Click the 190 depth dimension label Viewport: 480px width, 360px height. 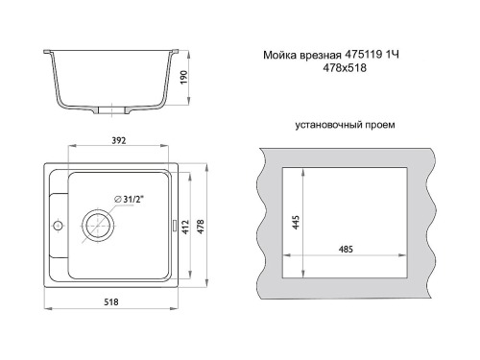pyautogui.click(x=183, y=77)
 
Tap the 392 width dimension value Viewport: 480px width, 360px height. pyautogui.click(x=119, y=140)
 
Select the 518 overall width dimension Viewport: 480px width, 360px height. pyautogui.click(x=111, y=301)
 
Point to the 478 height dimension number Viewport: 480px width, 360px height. pyautogui.click(x=201, y=227)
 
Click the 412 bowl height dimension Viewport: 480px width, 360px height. pyautogui.click(x=185, y=227)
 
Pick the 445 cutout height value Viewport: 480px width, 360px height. pyautogui.click(x=296, y=222)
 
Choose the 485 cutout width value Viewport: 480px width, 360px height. pyautogui.click(x=346, y=249)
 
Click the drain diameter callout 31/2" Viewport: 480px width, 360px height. pyautogui.click(x=129, y=200)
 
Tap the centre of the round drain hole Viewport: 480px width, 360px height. pyautogui.click(x=98, y=226)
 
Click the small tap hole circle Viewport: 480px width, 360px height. pyautogui.click(x=58, y=226)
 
